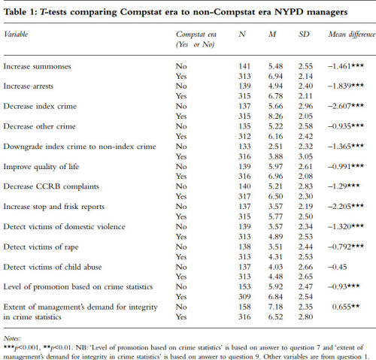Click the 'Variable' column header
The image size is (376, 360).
(x=16, y=35)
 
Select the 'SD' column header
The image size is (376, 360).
(x=304, y=34)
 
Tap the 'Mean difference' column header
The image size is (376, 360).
(x=352, y=35)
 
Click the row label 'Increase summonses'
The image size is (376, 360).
(x=37, y=66)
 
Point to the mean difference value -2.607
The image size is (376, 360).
(x=346, y=106)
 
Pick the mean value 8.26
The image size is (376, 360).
(x=275, y=116)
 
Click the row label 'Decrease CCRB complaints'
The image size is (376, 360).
(x=51, y=186)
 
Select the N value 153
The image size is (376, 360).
(x=244, y=286)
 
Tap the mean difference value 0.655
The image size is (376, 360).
(x=346, y=307)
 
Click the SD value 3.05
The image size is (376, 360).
(x=305, y=156)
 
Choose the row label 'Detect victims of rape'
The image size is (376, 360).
(x=41, y=247)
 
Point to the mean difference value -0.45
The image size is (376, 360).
(x=337, y=267)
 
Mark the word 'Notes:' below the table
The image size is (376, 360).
(x=12, y=338)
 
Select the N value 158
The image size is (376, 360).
(x=244, y=307)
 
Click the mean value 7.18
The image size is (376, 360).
(x=275, y=307)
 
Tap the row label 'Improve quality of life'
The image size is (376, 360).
(x=41, y=167)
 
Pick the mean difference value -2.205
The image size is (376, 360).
(x=346, y=207)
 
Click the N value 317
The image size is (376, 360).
(x=244, y=196)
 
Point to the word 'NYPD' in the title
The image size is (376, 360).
(x=289, y=12)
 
